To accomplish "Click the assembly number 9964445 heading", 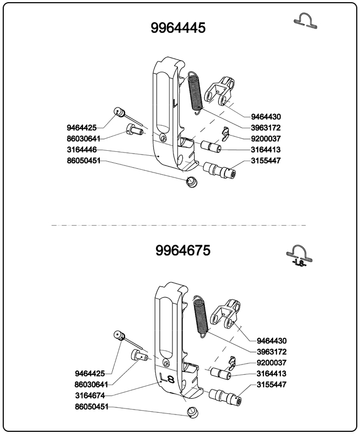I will (x=178, y=28).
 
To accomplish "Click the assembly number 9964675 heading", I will (x=183, y=251).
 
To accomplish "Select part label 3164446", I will (x=82, y=149).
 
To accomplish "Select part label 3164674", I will (x=90, y=395).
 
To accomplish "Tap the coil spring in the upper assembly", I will (x=196, y=92).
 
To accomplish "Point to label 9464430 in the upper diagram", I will (x=266, y=117).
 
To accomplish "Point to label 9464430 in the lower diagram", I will (x=272, y=341).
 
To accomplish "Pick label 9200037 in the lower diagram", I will (x=272, y=362).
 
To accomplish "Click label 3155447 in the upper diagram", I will (x=266, y=161).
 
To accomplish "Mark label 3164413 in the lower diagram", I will (x=272, y=373).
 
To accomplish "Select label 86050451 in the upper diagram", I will (x=83, y=161).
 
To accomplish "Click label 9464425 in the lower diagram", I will (x=90, y=373).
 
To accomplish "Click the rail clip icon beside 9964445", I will (x=306, y=21).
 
